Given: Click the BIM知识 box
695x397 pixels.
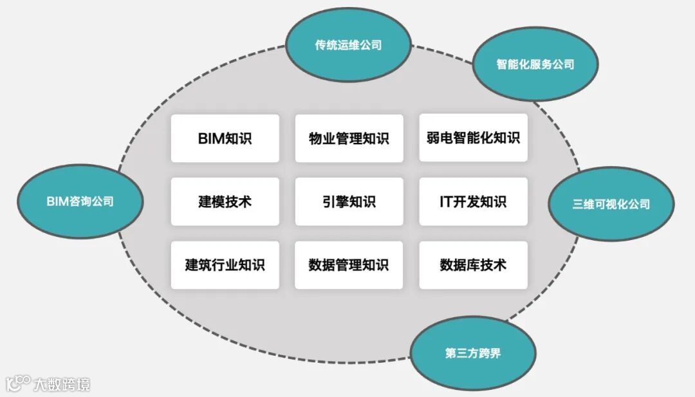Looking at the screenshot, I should coord(225,138).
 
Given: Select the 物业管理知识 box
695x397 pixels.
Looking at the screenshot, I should coord(349,138).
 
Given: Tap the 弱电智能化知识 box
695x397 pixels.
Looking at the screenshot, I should coord(473,138).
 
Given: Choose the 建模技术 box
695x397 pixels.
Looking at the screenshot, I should coord(225,201).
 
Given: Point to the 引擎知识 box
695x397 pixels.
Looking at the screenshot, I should coord(349,201).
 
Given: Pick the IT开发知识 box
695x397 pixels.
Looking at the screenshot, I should coord(473,201).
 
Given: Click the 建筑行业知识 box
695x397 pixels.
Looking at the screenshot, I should coord(225,264).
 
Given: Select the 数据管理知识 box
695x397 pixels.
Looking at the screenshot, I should coord(349,264).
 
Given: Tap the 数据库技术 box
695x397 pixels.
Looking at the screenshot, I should coord(473,264).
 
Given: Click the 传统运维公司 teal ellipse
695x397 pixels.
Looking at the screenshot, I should coord(348,45).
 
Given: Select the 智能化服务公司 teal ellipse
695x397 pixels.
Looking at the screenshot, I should coord(535,64).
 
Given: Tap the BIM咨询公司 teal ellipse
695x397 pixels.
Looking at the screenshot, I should coord(80,201).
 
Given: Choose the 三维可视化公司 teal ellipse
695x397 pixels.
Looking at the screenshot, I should coord(611,204).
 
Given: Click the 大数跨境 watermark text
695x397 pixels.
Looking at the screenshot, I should coord(62,384).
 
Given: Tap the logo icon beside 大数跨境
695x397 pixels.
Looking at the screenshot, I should coord(17,383).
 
